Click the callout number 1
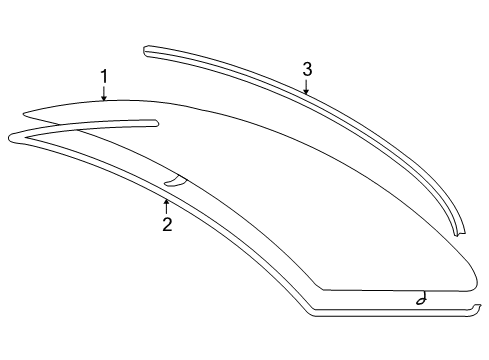(x=103, y=75)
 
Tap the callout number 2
(x=167, y=224)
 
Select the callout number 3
(x=307, y=69)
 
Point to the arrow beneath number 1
(x=104, y=94)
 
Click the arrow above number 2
(x=166, y=205)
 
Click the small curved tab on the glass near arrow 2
(x=175, y=181)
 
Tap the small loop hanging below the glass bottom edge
(x=423, y=300)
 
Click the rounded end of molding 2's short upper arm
(x=155, y=123)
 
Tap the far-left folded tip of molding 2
(x=10, y=135)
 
